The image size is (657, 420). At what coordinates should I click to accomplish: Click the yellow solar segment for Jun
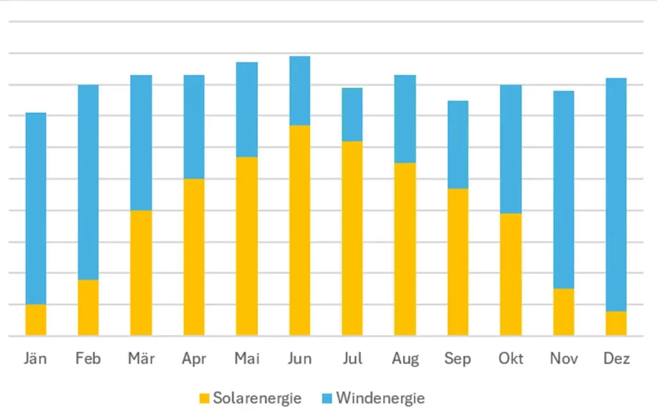coord(300,230)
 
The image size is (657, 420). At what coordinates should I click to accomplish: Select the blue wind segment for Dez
coord(616,194)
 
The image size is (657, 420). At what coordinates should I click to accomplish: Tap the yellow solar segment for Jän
coord(36,319)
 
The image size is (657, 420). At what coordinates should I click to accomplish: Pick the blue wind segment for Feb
coord(89,182)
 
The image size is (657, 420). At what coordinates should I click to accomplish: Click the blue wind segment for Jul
coord(352,114)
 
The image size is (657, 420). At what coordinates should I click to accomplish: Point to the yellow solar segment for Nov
coord(563,312)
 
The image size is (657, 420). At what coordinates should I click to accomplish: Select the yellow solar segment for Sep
coord(457,262)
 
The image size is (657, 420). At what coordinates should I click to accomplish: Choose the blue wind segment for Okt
coord(511,149)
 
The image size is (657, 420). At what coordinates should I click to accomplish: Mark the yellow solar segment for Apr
coord(194,256)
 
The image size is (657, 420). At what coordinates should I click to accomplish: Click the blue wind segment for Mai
coord(247,109)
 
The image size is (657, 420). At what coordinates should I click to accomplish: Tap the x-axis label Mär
coord(141,358)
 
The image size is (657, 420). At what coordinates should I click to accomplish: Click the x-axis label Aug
coord(405,358)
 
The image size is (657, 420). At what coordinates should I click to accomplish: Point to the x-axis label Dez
coord(616,358)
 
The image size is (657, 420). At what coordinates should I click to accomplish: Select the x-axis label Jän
coord(36,358)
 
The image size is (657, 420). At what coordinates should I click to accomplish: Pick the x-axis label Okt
coord(511,358)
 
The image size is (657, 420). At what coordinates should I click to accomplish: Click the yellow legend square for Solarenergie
coord(204,398)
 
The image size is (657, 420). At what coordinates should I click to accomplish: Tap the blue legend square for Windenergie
coord(327,398)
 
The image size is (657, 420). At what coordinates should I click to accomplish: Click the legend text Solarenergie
coord(257,398)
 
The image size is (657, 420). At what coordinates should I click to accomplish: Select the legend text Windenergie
coord(380,398)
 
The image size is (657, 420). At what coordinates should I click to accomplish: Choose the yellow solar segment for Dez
coord(616,323)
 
